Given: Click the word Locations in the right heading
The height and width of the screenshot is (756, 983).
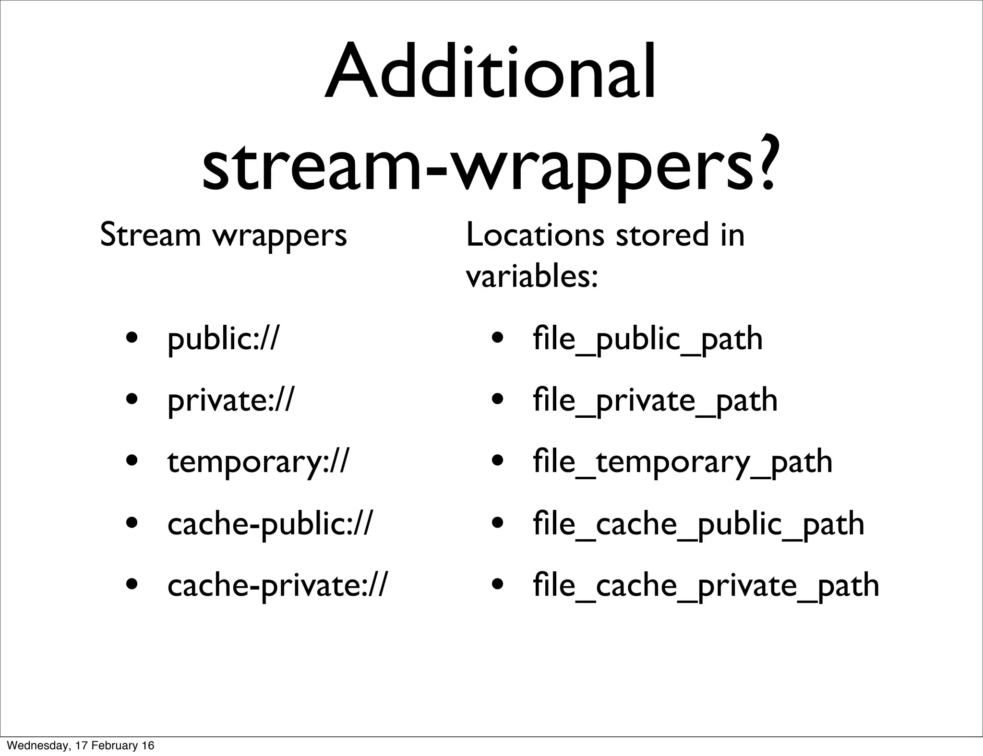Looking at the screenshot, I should [x=535, y=235].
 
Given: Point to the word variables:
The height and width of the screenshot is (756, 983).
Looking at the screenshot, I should [x=532, y=277].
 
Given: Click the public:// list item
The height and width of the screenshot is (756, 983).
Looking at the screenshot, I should [x=223, y=340].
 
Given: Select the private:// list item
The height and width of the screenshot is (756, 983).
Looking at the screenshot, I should [x=229, y=401].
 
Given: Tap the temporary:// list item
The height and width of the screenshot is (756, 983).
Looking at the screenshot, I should [x=258, y=462].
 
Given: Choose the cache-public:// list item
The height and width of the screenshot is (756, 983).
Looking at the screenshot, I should [x=269, y=524].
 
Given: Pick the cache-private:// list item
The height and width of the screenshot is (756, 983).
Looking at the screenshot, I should [x=276, y=585].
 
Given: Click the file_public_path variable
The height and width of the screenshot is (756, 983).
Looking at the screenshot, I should [x=647, y=340].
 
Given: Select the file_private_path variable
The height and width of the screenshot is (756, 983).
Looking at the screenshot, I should [x=655, y=401].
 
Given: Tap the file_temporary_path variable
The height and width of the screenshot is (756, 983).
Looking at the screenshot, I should [x=682, y=462].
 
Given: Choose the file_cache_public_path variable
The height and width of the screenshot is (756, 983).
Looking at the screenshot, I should [x=698, y=524].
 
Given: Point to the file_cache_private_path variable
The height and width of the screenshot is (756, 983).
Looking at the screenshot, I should [x=706, y=585].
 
